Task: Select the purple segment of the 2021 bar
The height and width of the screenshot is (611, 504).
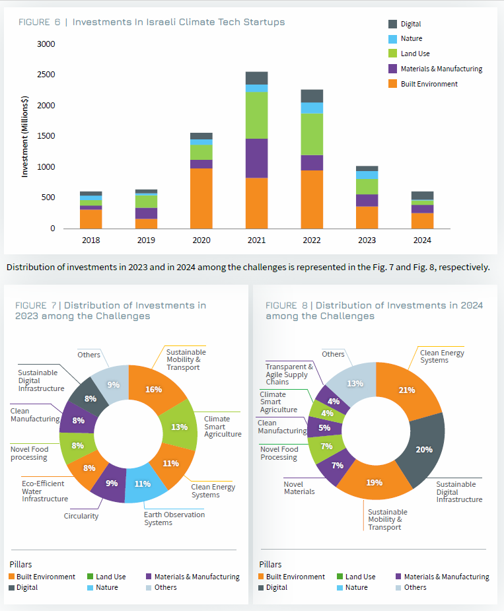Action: [256, 158]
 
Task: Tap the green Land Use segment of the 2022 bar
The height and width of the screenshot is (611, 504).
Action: [312, 134]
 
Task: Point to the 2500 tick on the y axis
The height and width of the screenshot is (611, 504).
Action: [46, 75]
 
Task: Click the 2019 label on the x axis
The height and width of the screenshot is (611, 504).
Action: [145, 240]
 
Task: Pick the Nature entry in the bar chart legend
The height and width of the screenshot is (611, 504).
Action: [410, 38]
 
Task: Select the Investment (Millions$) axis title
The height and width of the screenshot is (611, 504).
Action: [25, 136]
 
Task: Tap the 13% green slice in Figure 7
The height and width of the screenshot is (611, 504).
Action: [180, 427]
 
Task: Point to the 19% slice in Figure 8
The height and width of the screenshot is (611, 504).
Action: [375, 482]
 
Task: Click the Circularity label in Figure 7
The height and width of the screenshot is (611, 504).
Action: [81, 516]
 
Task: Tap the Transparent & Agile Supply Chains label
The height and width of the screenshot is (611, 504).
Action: [289, 374]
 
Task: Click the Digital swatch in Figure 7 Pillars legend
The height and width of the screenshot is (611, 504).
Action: [12, 587]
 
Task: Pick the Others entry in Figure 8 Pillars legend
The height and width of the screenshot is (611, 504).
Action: [415, 587]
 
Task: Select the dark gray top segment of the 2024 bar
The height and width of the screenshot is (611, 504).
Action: [422, 196]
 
